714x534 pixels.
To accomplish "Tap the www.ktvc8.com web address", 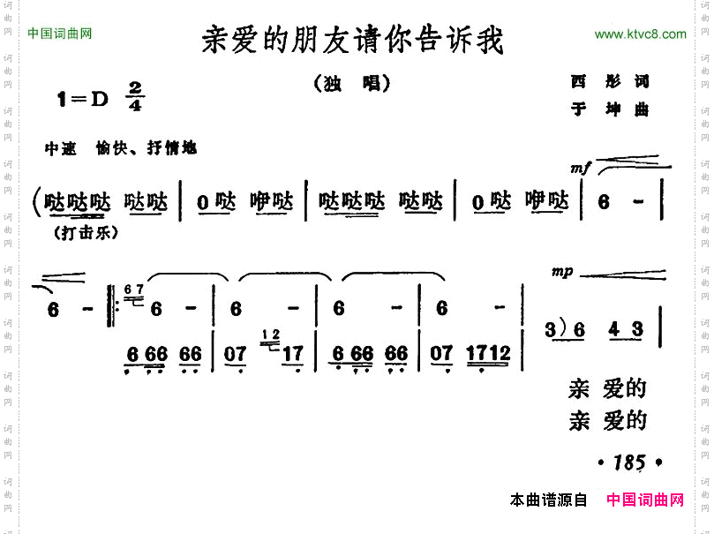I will coord(640,34).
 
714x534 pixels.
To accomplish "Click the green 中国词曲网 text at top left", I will coord(60,34).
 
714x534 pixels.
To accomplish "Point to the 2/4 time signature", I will coord(135,96).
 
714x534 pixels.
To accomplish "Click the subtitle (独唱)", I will coord(351,84).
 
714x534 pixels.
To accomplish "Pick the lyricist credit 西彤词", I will coord(610,81).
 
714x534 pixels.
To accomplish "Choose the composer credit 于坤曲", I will coord(610,109).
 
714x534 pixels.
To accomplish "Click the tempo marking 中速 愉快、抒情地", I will coord(121,148).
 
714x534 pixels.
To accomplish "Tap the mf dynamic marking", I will coord(580,169).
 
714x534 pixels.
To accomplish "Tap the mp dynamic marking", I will coord(562,272).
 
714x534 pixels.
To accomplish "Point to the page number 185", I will coord(629,463).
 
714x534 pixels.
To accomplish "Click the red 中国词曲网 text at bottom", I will coord(645,500).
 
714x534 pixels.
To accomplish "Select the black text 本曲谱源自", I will coord(548,500).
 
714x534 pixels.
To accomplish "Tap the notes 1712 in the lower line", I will coord(489,354).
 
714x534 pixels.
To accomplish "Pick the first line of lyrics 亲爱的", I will coord(607,389).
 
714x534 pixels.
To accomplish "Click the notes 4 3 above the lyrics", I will coord(626,330).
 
